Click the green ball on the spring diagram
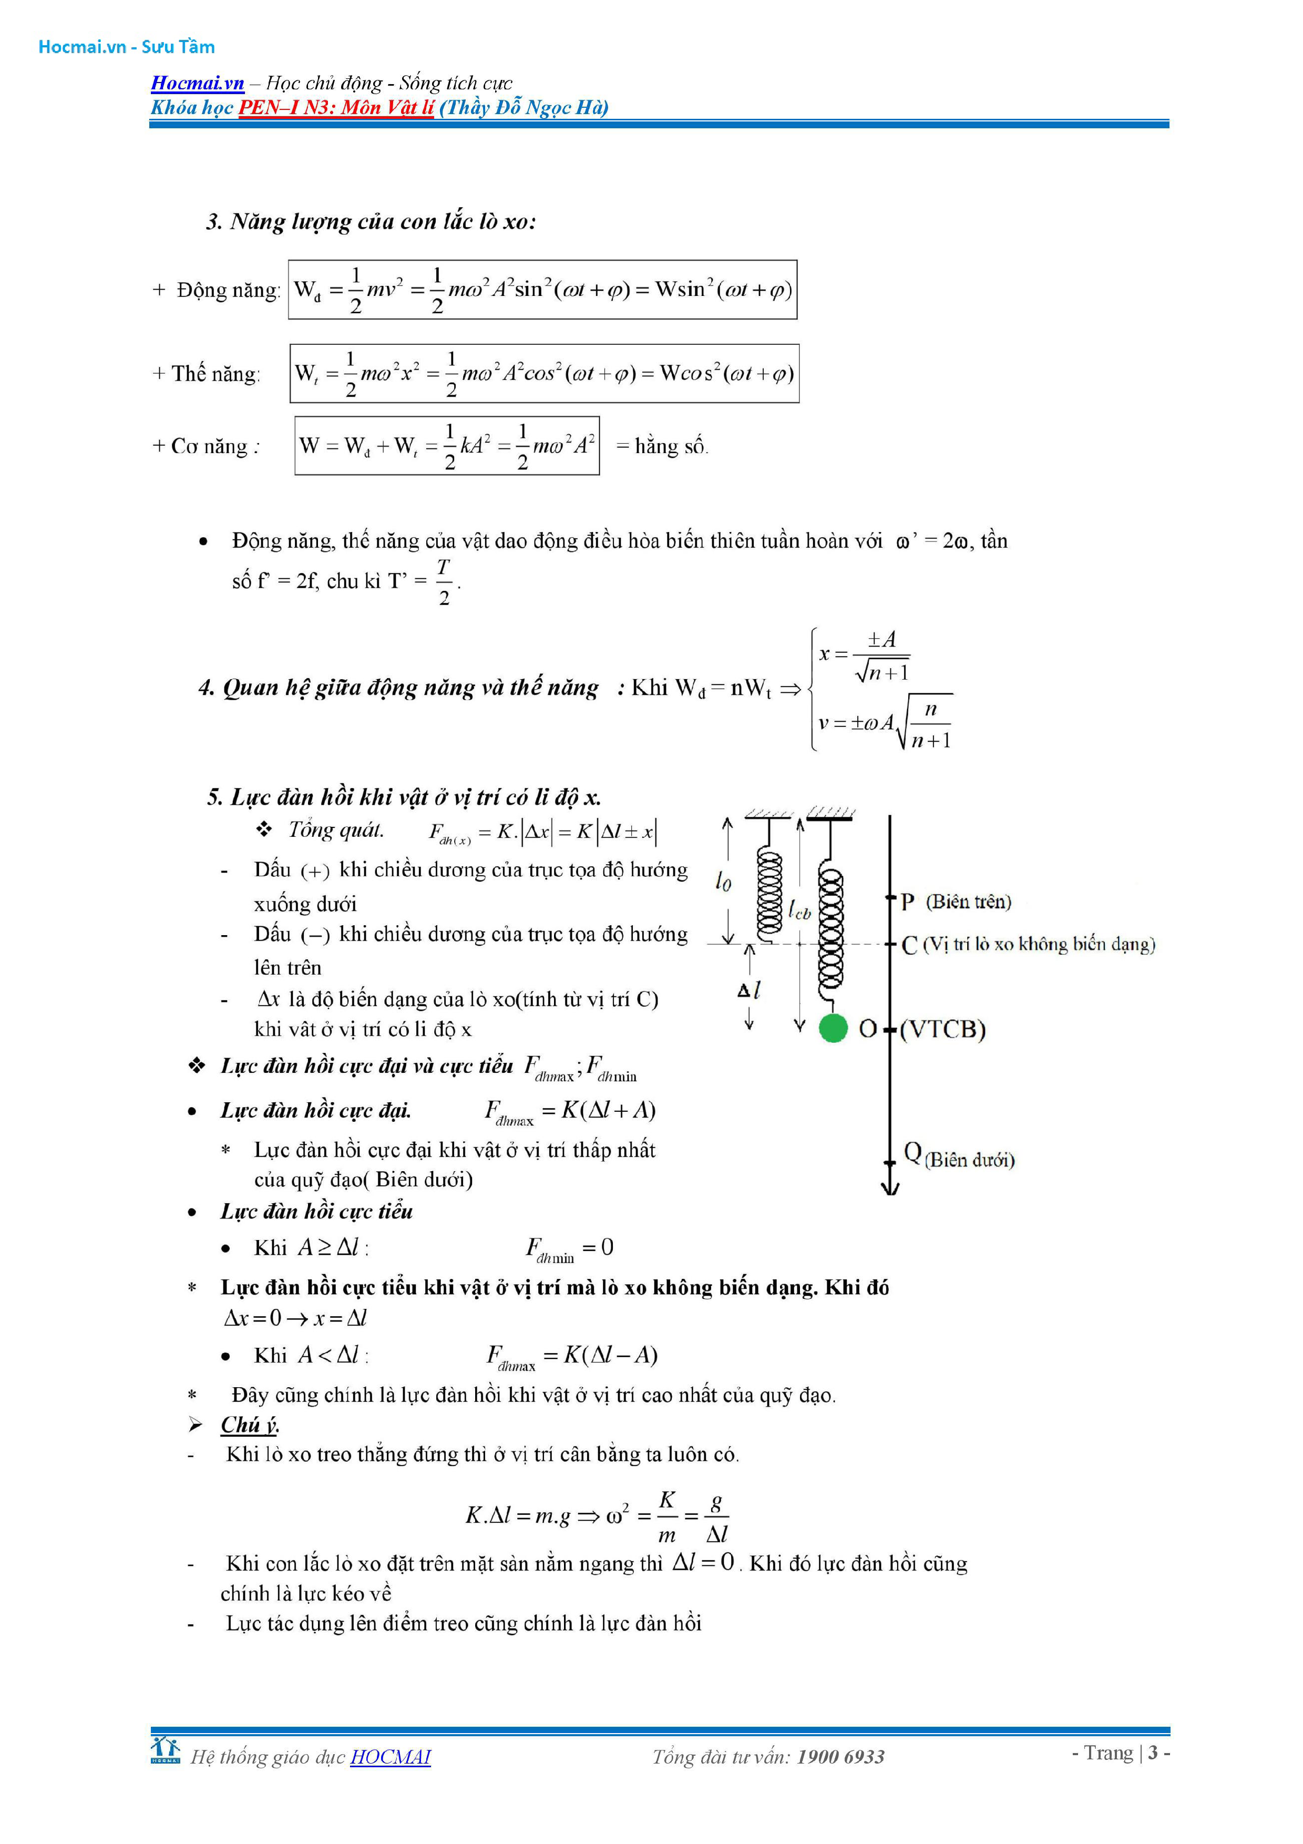pos(833,1028)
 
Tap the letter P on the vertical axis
pos(907,902)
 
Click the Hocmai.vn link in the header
pos(198,83)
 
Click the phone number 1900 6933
pos(840,1757)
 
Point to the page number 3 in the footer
pos(1153,1753)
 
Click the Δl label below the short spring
pos(749,989)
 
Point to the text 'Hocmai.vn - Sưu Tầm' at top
pos(127,47)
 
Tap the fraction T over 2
pos(444,581)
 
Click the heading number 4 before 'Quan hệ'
pos(206,688)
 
